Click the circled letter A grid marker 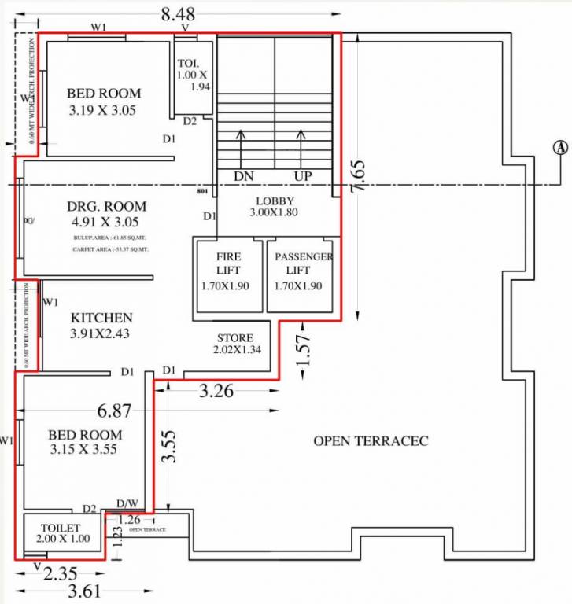pos(560,147)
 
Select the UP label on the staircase pos(301,175)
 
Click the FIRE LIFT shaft pos(228,271)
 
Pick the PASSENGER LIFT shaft pos(304,271)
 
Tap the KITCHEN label pos(101,318)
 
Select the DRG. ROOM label pos(106,207)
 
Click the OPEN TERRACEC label pos(371,440)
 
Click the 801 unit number pos(201,191)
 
